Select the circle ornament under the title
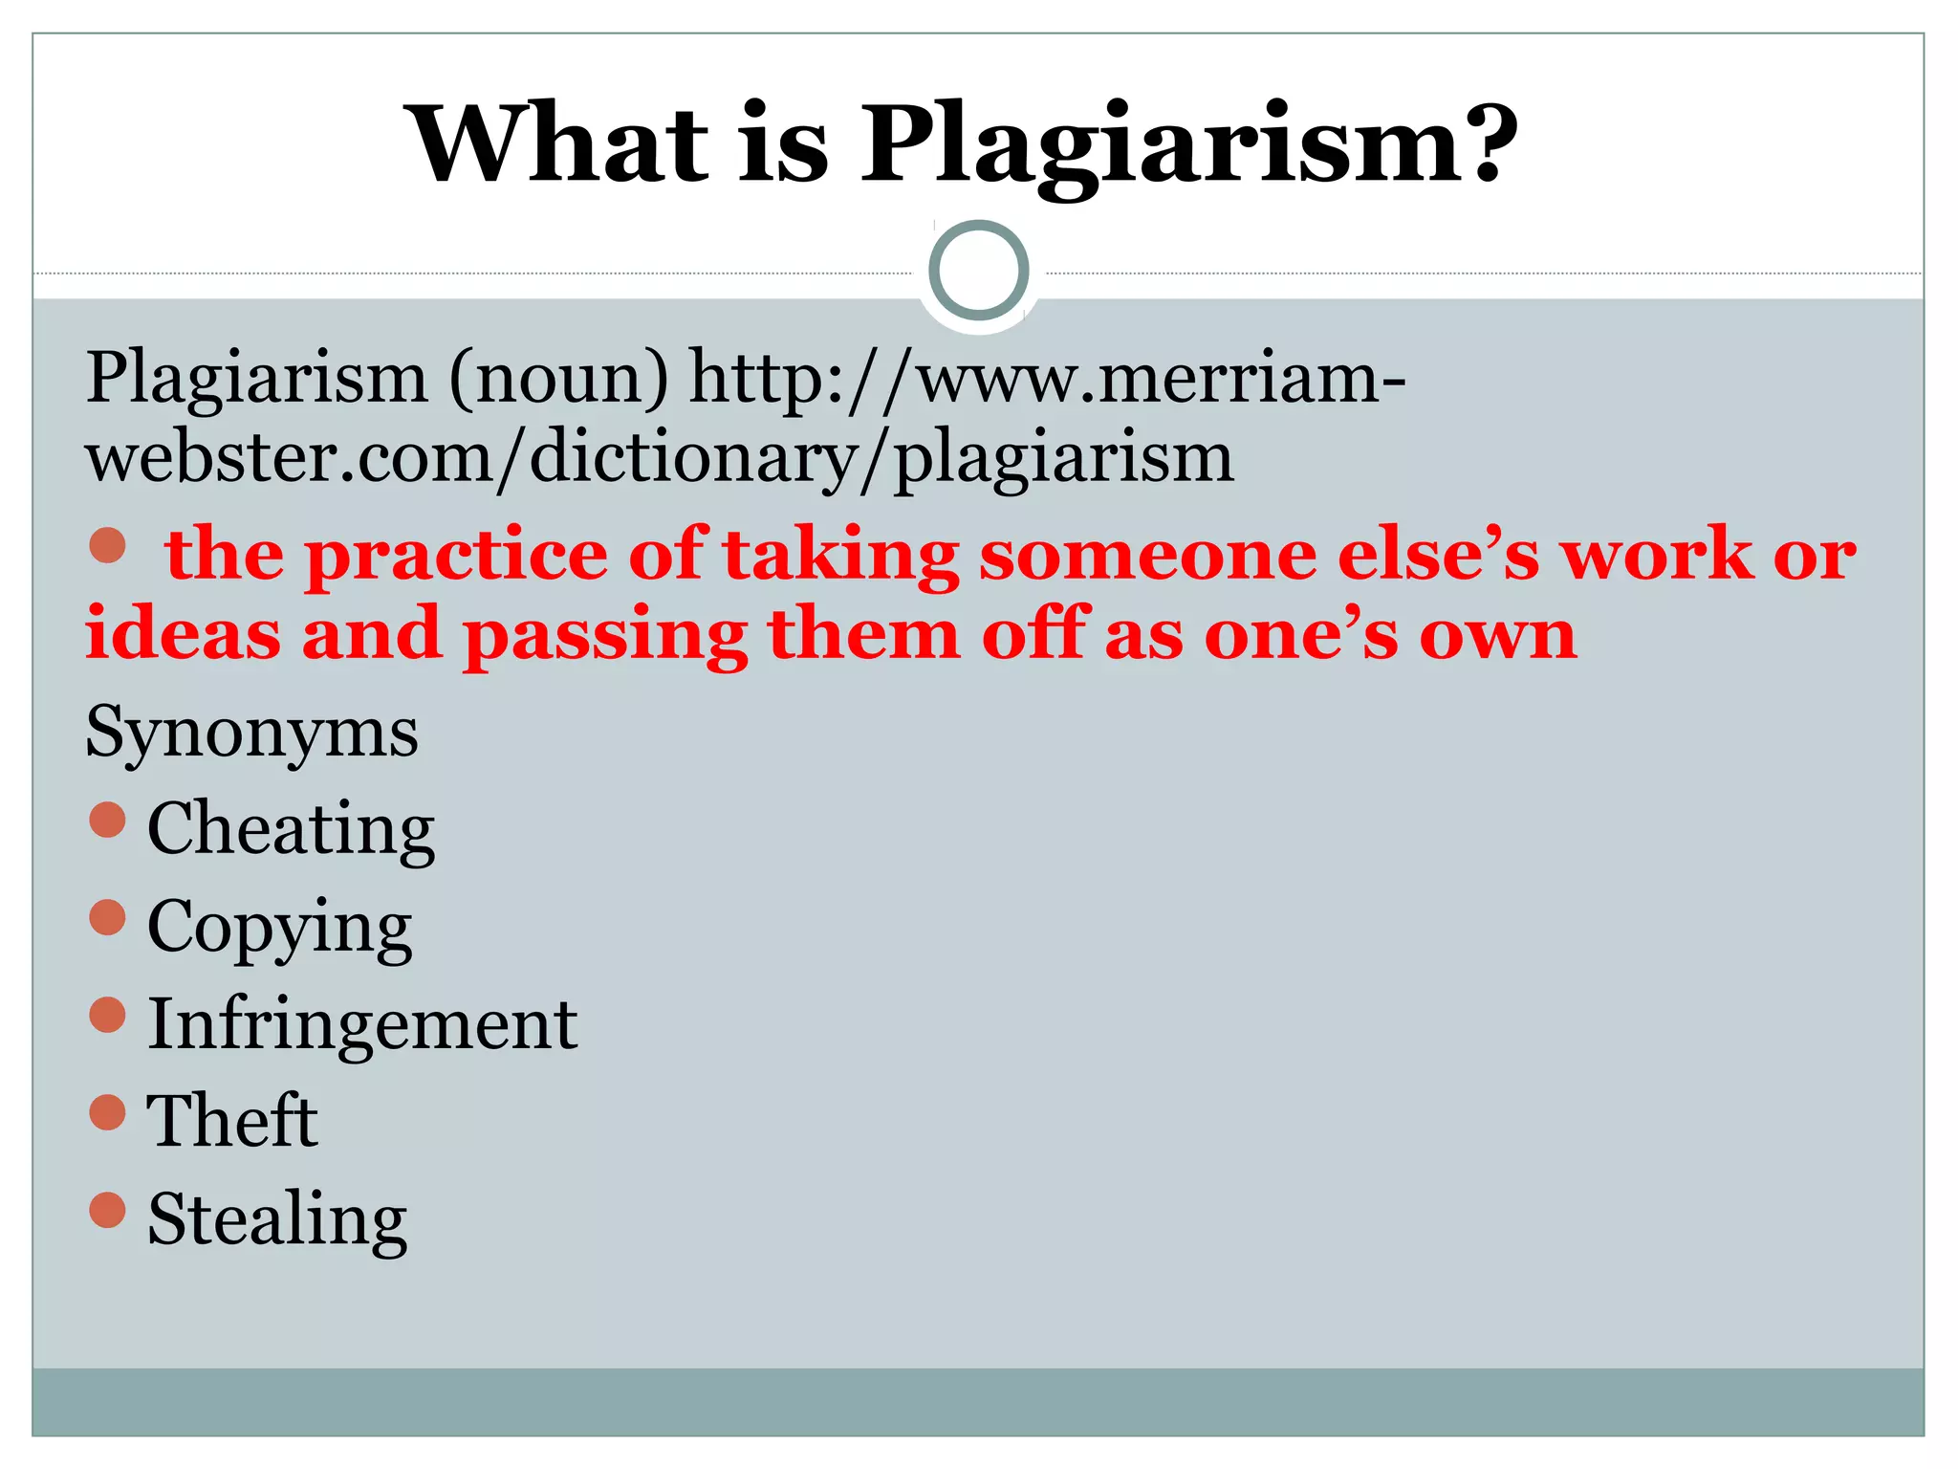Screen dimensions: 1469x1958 click(978, 271)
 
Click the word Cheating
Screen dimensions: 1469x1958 click(291, 828)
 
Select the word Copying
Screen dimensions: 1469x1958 click(279, 928)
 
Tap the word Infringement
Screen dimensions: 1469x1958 click(362, 1024)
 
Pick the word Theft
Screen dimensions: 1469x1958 click(232, 1121)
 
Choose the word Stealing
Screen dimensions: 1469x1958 click(277, 1220)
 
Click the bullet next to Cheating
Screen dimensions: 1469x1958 click(107, 820)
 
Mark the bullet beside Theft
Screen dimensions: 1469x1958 click(107, 1112)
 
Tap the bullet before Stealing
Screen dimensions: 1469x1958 click(107, 1210)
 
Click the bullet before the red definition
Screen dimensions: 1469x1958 click(107, 545)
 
